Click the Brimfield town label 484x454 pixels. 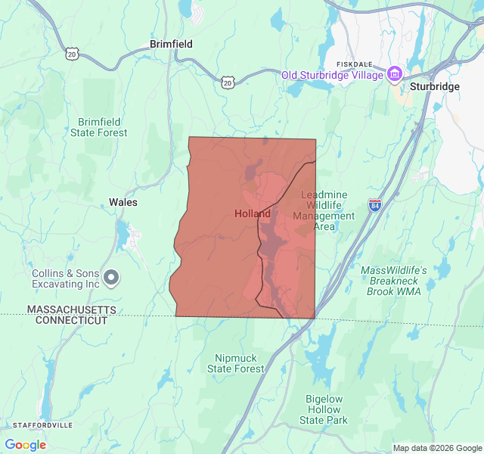[171, 44]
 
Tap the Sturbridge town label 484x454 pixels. [434, 87]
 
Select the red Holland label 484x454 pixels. [252, 214]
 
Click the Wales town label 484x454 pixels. [123, 202]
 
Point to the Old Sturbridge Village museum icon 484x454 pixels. [394, 74]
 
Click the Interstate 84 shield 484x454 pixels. [375, 205]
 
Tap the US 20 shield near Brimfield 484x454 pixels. [228, 81]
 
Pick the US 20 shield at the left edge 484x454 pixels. [72, 54]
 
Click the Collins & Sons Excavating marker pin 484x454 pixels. [111, 278]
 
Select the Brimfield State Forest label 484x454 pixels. [99, 127]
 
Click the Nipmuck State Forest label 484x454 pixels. [236, 363]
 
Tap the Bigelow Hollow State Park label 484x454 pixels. [324, 409]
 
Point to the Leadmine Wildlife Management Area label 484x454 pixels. [324, 210]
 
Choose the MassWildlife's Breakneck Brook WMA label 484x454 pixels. [393, 281]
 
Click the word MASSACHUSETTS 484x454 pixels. [72, 310]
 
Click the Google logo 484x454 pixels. [25, 445]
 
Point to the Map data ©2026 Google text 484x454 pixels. [436, 448]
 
